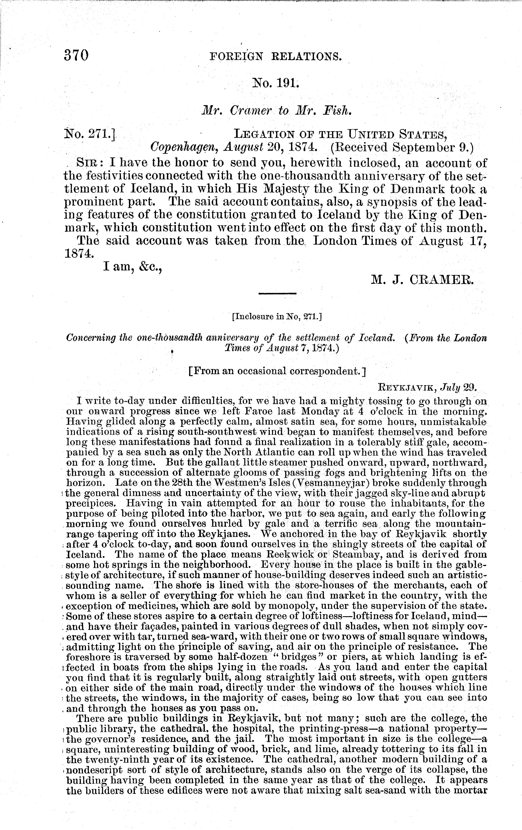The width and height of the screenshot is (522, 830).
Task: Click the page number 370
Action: click(x=76, y=55)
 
